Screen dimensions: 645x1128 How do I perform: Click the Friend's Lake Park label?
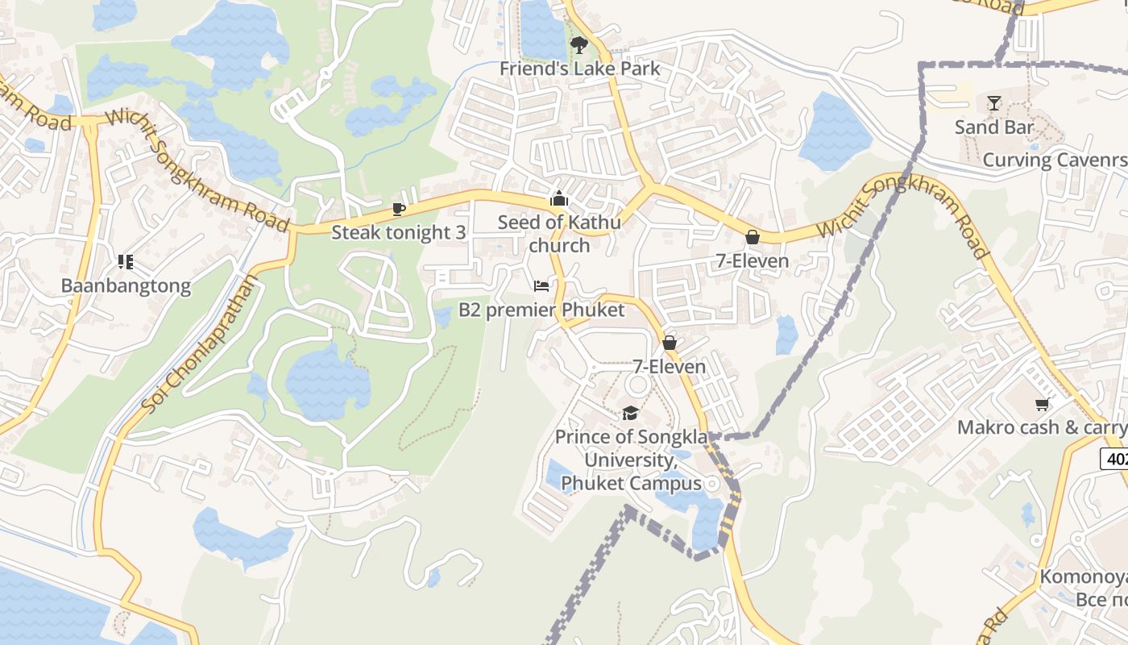point(579,69)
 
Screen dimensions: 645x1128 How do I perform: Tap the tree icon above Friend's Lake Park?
point(578,44)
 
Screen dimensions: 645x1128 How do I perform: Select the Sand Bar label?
point(993,127)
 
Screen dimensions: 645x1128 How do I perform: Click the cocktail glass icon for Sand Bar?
point(993,103)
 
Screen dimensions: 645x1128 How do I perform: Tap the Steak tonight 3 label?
point(398,232)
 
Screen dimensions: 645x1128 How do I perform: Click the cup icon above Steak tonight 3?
point(398,210)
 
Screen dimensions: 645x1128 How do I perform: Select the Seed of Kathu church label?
point(559,233)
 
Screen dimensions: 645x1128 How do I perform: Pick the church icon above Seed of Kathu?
point(559,198)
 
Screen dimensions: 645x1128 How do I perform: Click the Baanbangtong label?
point(126,285)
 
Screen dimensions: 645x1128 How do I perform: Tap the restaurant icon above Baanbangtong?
point(125,261)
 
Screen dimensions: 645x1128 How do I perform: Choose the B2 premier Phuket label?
point(541,310)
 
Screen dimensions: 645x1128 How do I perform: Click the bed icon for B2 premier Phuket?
point(541,286)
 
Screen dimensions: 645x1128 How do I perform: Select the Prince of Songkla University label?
point(631,460)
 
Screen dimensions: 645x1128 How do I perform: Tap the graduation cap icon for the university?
point(630,413)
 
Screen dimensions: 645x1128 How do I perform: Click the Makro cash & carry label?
point(1042,427)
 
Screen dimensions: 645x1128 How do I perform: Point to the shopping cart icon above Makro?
point(1042,404)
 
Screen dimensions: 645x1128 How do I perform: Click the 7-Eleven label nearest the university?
point(669,367)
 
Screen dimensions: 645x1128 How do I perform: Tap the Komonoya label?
point(1082,576)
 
